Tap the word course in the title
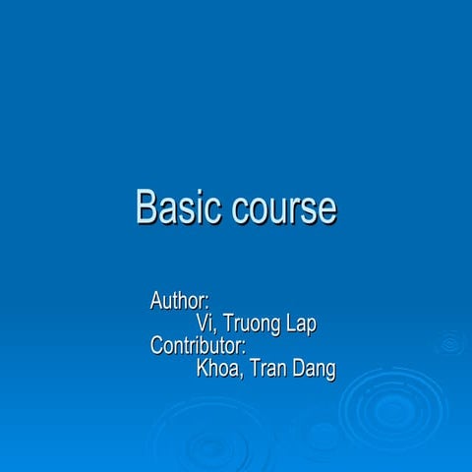pyautogui.click(x=285, y=209)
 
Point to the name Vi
pyautogui.click(x=205, y=323)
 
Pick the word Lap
pyautogui.click(x=302, y=324)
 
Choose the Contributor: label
pyautogui.click(x=198, y=346)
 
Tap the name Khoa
pyautogui.click(x=219, y=370)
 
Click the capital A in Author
pyautogui.click(x=156, y=299)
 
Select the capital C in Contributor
pyautogui.click(x=157, y=346)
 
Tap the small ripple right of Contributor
pyautogui.click(x=450, y=343)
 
